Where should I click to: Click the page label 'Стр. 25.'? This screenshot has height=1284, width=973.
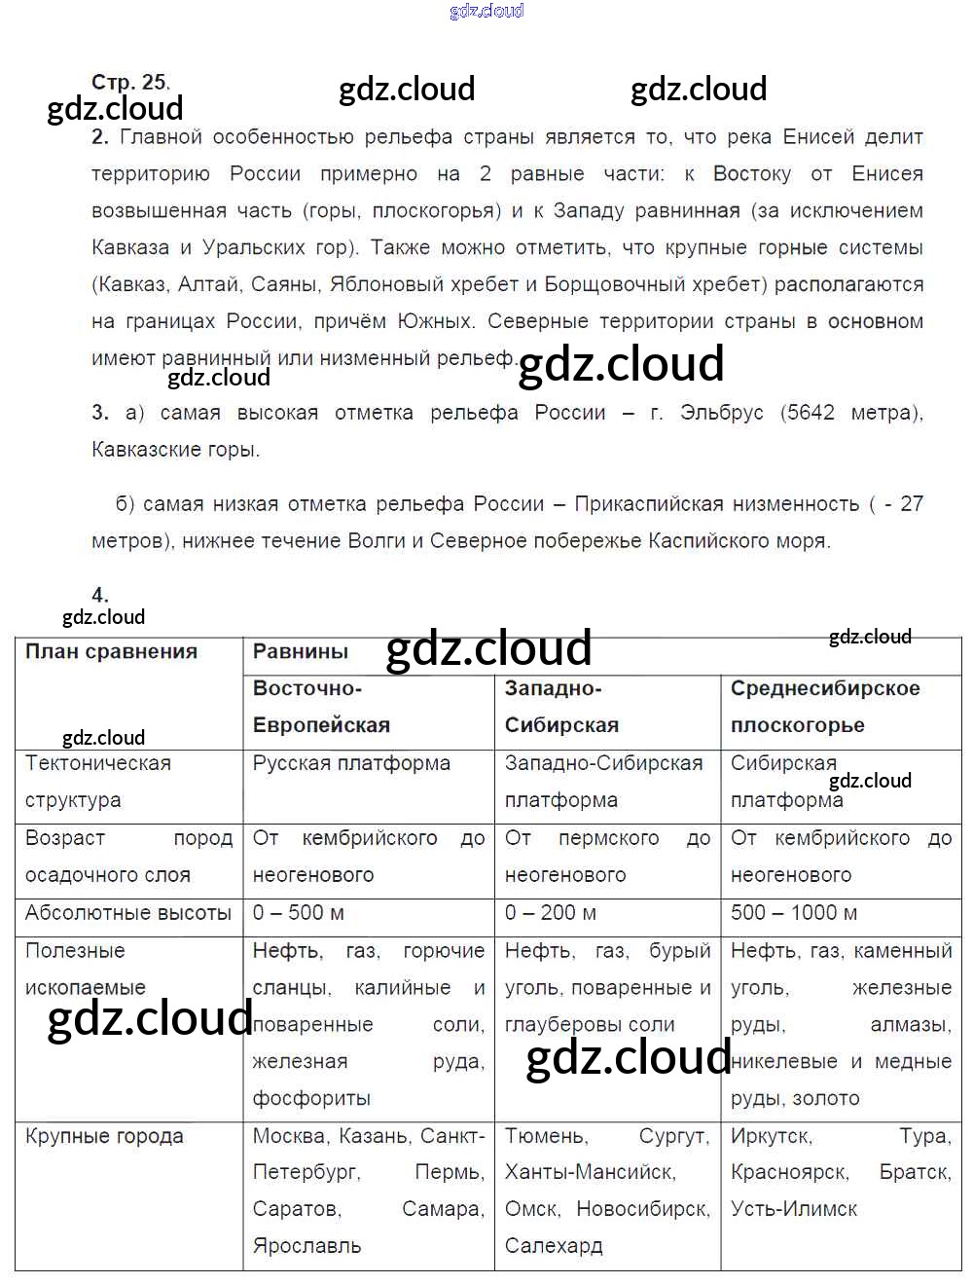pos(130,82)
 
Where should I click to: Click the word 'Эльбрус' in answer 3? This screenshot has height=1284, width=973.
pos(722,413)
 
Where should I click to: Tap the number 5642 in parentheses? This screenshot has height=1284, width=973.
pos(811,413)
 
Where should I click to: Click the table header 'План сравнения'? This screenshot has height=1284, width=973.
pos(111,652)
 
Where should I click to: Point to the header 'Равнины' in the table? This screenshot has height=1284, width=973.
pos(300,652)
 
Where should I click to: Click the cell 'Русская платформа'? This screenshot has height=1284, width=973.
pos(351,763)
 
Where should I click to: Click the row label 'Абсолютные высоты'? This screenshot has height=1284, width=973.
pos(128,913)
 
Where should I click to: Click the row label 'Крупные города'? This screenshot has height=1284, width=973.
pos(104,1136)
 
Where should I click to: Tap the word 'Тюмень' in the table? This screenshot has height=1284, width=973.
pos(546,1136)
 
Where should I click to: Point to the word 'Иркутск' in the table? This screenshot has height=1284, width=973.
pos(771,1136)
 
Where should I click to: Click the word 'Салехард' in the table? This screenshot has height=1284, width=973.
pos(554,1246)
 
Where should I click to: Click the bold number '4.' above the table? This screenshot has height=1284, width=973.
pos(100,595)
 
